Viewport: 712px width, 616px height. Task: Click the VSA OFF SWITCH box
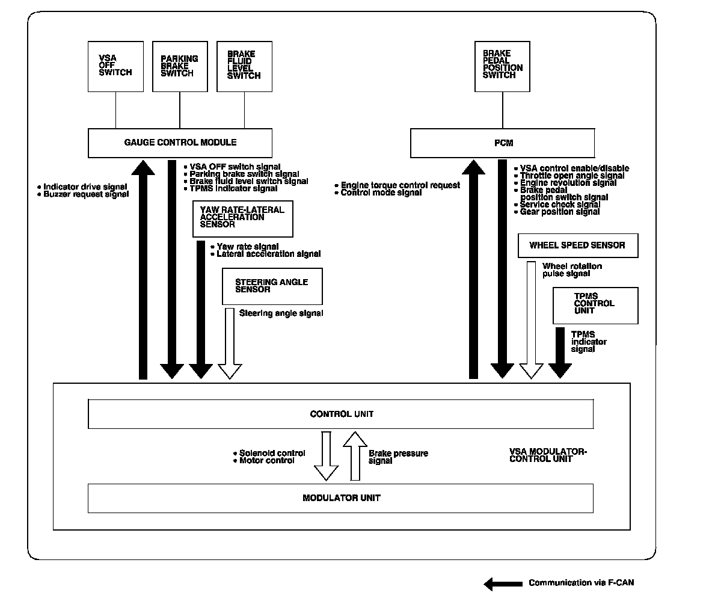point(115,66)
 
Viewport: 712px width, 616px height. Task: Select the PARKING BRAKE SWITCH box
point(180,66)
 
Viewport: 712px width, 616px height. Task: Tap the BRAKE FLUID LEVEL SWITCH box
point(244,66)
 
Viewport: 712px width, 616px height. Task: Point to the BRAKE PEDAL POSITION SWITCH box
point(502,66)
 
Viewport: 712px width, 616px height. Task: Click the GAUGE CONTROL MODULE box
point(180,143)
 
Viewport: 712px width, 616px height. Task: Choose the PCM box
point(502,143)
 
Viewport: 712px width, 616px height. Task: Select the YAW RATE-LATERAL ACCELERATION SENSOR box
point(242,218)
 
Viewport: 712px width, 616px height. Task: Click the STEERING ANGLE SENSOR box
point(272,286)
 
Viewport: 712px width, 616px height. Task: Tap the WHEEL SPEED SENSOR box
point(577,245)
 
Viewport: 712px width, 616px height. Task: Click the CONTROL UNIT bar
point(341,414)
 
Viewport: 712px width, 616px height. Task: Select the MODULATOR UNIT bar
point(341,497)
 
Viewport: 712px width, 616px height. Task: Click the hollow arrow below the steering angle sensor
point(230,343)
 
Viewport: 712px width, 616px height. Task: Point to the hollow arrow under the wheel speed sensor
point(531,319)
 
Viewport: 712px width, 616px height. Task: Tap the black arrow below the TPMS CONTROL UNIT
point(560,353)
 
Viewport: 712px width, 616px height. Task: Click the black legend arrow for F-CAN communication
point(503,583)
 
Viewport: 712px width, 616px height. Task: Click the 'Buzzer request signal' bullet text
point(85,194)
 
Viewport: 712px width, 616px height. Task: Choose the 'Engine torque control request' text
point(400,185)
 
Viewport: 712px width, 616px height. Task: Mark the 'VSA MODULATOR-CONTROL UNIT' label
point(547,455)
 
